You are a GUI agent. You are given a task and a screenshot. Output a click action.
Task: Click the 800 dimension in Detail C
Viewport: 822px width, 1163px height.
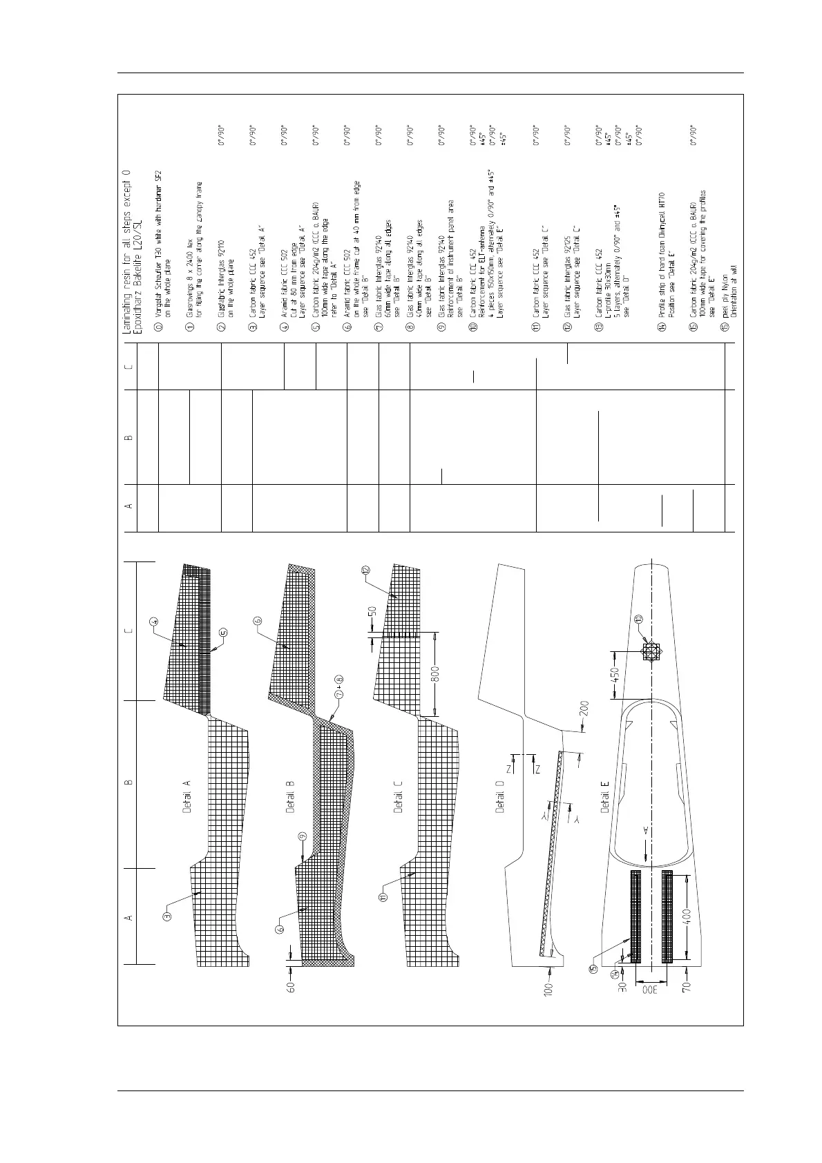pyautogui.click(x=435, y=670)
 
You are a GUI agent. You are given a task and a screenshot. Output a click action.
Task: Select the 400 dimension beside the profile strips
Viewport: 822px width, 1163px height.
pyautogui.click(x=687, y=916)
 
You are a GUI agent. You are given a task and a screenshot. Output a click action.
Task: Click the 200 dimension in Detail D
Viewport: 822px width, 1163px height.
pyautogui.click(x=584, y=707)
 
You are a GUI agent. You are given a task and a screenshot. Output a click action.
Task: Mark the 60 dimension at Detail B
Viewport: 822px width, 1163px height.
pyautogui.click(x=291, y=988)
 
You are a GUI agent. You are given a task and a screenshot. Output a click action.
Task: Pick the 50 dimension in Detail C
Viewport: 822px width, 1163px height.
pyautogui.click(x=372, y=611)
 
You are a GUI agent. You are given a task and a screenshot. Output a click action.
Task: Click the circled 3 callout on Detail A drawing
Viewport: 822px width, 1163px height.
pyautogui.click(x=166, y=916)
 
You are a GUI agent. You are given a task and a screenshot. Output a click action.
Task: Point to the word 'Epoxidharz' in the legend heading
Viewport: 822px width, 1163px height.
pyautogui.click(x=135, y=300)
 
